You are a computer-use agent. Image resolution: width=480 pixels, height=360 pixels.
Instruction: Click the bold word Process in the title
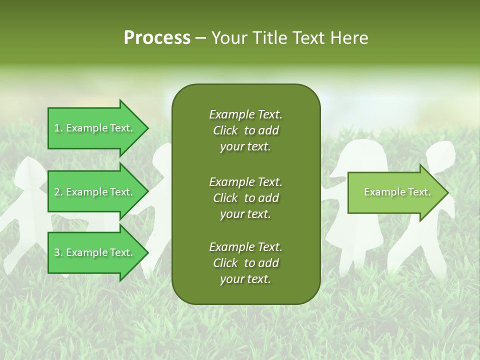(x=157, y=38)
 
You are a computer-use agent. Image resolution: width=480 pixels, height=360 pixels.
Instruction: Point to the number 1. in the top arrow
(x=58, y=128)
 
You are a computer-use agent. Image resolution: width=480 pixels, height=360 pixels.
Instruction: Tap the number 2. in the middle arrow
(x=58, y=192)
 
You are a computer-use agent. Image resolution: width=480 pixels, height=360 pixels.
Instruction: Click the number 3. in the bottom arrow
(x=58, y=252)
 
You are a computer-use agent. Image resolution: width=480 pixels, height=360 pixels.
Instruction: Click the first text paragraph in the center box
(x=245, y=130)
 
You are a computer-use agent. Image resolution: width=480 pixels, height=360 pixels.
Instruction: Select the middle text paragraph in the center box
(x=245, y=198)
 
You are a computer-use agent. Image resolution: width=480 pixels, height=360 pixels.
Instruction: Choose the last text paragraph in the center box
(x=245, y=263)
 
